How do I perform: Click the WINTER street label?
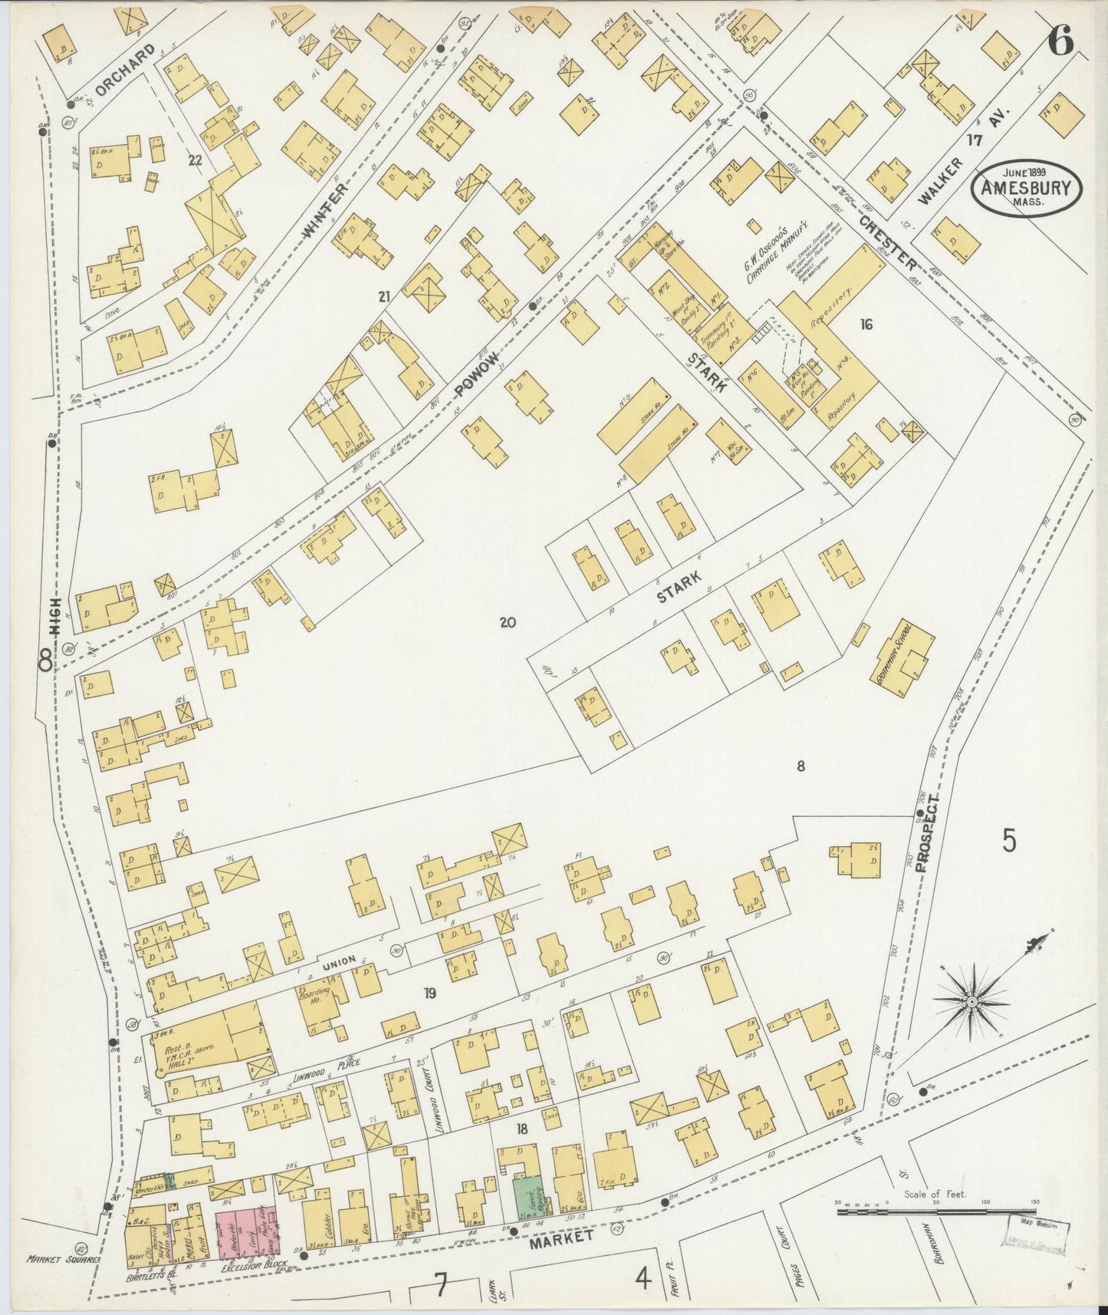[x=325, y=208]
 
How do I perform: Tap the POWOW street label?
[x=476, y=374]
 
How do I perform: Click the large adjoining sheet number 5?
[x=1009, y=841]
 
